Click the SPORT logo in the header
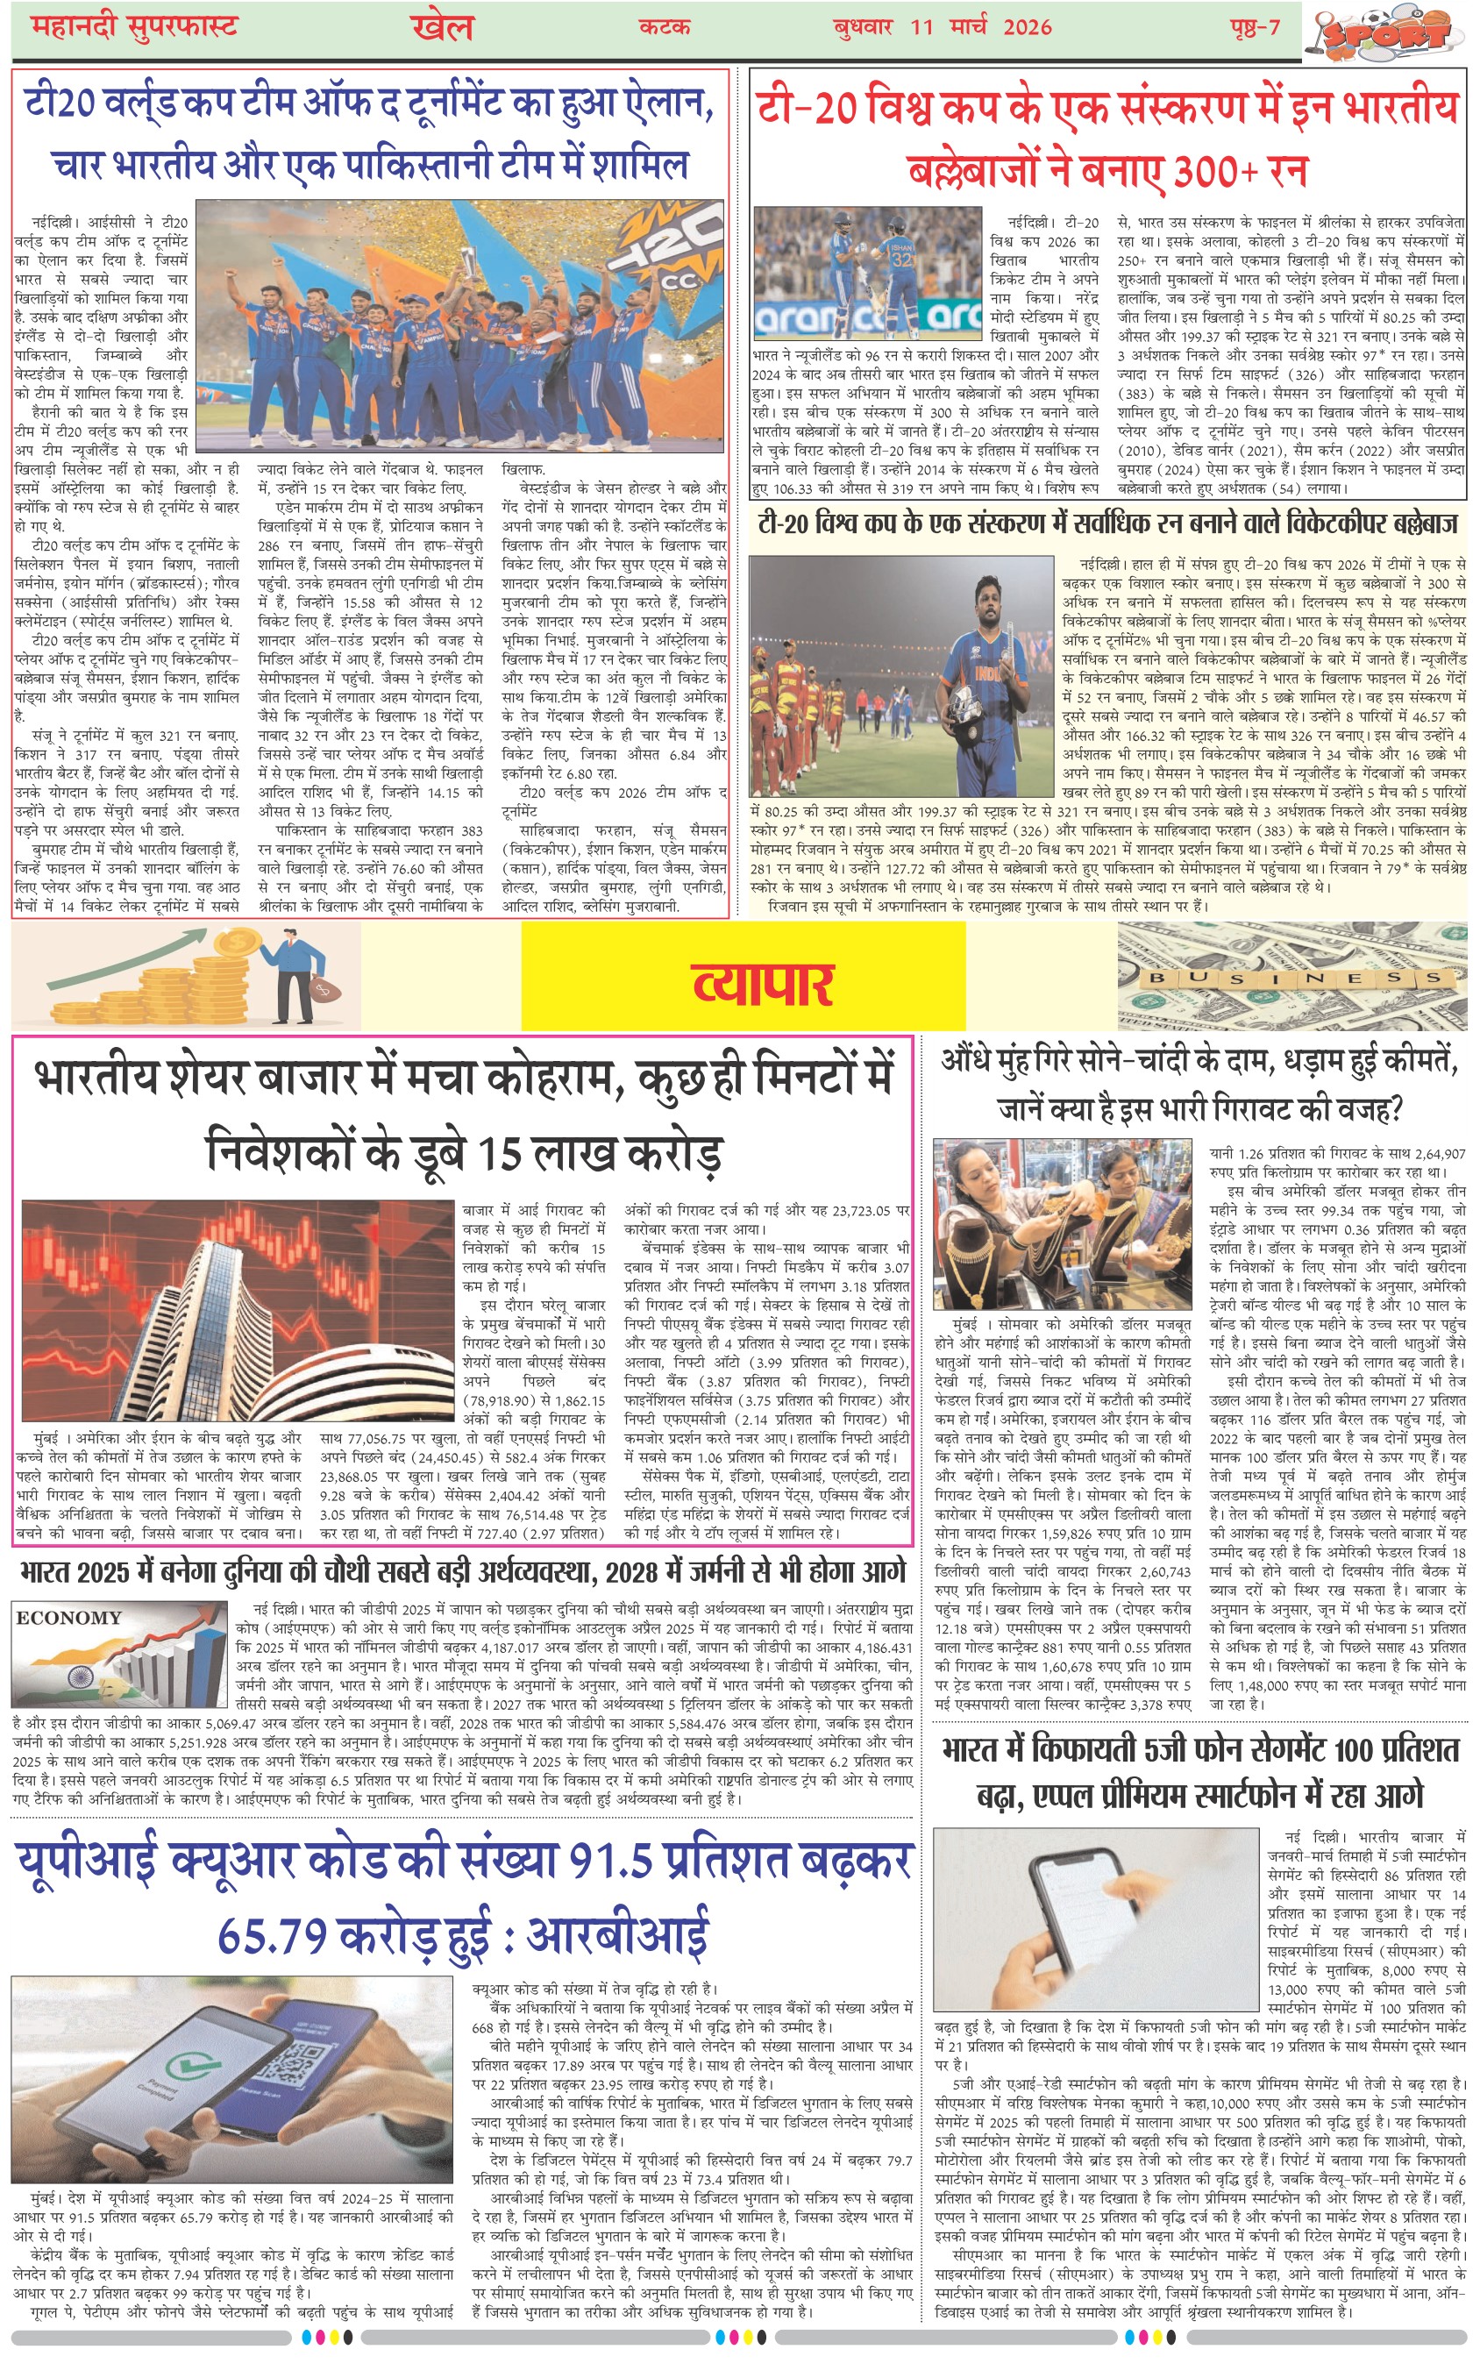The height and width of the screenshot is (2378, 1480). pyautogui.click(x=1388, y=34)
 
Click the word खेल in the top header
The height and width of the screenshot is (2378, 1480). pyautogui.click(x=443, y=27)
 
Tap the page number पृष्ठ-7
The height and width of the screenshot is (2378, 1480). pyautogui.click(x=1255, y=26)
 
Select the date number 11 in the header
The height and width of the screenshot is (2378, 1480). pyautogui.click(x=921, y=27)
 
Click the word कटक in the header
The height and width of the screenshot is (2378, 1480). pyautogui.click(x=665, y=26)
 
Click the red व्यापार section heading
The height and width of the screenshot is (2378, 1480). pyautogui.click(x=763, y=984)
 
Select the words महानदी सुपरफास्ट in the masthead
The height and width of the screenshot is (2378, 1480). pyautogui.click(x=134, y=26)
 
